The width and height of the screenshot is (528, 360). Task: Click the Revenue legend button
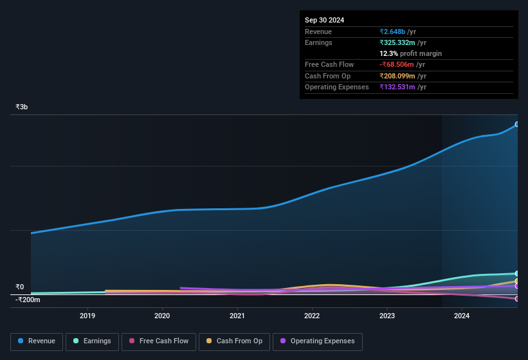pos(37,341)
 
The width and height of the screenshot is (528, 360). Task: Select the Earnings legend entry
pos(92,341)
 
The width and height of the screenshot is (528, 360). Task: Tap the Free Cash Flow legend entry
pos(159,341)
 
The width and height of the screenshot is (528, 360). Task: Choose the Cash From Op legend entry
pos(233,341)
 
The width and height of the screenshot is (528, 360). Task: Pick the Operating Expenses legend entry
pos(318,341)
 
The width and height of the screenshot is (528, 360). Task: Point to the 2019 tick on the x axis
pos(87,316)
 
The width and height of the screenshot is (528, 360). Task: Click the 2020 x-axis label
pos(162,316)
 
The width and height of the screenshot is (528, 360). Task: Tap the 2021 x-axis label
pos(237,316)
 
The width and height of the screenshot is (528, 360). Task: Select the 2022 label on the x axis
pos(312,316)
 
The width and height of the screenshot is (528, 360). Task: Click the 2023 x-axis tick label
pos(387,316)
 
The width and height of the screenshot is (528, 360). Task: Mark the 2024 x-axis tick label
pos(462,316)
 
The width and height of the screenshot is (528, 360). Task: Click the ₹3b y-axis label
pos(22,107)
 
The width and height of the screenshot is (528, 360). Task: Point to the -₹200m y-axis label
pos(28,300)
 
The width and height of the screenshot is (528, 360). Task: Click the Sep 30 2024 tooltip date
pos(324,20)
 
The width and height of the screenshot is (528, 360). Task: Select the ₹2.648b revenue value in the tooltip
pos(393,32)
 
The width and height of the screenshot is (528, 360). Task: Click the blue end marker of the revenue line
pos(517,124)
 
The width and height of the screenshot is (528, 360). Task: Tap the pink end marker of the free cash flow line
pos(517,299)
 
